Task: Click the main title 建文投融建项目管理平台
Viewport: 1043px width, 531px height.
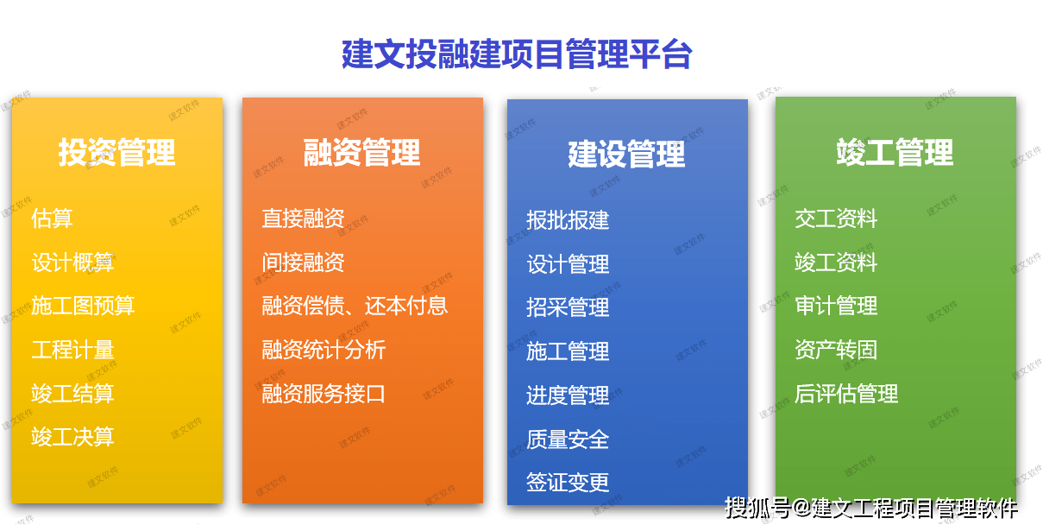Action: tap(517, 54)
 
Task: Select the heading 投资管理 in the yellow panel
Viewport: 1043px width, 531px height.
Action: tap(116, 153)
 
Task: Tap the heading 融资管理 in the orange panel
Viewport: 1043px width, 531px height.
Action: tap(361, 153)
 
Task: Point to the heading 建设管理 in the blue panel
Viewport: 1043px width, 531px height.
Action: tap(626, 154)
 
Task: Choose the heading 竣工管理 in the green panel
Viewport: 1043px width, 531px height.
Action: tap(895, 152)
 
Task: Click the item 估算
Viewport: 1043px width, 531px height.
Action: tap(52, 218)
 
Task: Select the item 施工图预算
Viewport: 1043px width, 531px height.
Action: tap(83, 306)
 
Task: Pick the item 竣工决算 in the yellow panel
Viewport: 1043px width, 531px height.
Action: tap(72, 437)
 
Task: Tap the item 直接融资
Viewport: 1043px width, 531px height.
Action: tap(303, 218)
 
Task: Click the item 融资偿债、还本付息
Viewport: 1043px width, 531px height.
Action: tap(355, 306)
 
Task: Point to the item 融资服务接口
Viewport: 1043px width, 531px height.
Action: tap(324, 394)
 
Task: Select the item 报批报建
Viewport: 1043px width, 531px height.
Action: tap(568, 220)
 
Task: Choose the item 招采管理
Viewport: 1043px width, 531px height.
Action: tap(568, 307)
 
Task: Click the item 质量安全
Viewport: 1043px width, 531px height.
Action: tap(568, 439)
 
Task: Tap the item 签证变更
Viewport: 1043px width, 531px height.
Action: tap(568, 482)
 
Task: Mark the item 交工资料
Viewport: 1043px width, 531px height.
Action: tap(836, 218)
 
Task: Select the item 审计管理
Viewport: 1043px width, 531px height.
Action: tap(836, 306)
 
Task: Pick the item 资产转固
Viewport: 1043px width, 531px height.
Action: tap(836, 350)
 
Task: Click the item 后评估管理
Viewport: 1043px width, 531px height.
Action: tap(846, 394)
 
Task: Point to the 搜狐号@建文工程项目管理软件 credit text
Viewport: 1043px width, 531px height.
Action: tap(871, 508)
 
